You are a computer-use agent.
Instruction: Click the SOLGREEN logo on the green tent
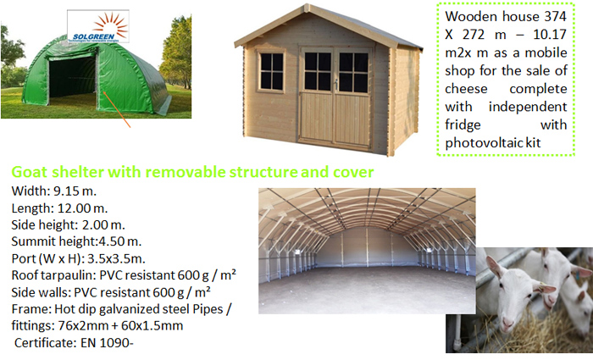[x=98, y=26]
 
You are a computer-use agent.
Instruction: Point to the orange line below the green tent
[x=117, y=109]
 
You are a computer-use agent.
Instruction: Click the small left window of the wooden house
[x=272, y=71]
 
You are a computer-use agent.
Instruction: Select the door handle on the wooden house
[x=335, y=84]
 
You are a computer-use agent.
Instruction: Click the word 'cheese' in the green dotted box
[x=466, y=89]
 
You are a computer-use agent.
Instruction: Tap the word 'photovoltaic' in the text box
[x=483, y=143]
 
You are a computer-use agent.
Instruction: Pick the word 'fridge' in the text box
[x=463, y=125]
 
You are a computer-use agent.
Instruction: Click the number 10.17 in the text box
[x=550, y=35]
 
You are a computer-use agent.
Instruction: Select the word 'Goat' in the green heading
[x=30, y=172]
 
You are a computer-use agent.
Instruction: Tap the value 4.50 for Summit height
[x=110, y=241]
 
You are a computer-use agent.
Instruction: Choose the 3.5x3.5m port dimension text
[x=117, y=258]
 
